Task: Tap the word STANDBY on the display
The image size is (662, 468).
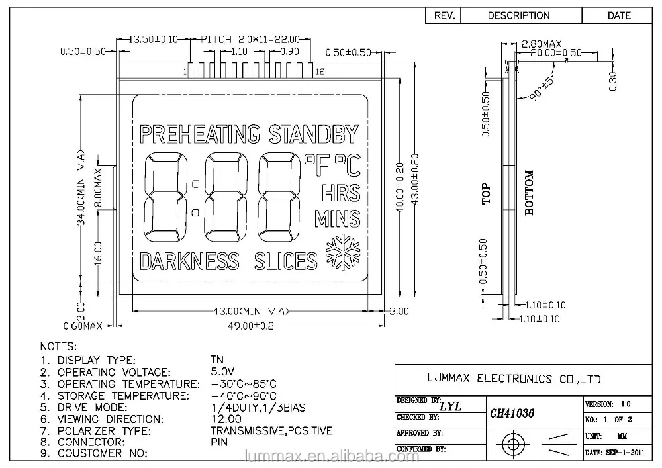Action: pyautogui.click(x=313, y=134)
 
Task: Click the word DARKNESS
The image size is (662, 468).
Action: pyautogui.click(x=189, y=261)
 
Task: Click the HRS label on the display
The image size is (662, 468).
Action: pyautogui.click(x=341, y=193)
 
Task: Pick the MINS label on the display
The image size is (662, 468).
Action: pyautogui.click(x=337, y=218)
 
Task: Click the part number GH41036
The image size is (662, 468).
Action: pyautogui.click(x=512, y=413)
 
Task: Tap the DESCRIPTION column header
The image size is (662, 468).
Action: pyautogui.click(x=518, y=15)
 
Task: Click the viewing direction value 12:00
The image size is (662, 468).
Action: pyautogui.click(x=226, y=419)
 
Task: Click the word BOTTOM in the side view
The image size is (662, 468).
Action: pyautogui.click(x=529, y=193)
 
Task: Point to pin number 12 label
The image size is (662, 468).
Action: pyautogui.click(x=320, y=71)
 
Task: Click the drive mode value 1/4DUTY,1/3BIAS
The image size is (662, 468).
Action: pyautogui.click(x=258, y=407)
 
